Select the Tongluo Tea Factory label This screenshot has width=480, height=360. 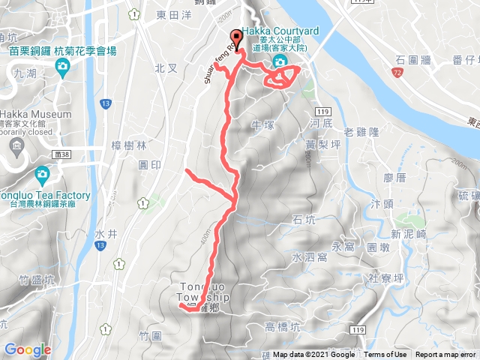click(x=45, y=196)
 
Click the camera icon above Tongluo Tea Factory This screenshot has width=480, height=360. click(x=43, y=175)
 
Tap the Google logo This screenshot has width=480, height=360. click(x=28, y=349)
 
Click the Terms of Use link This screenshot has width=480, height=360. click(x=385, y=355)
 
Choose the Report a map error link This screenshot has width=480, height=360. click(x=446, y=355)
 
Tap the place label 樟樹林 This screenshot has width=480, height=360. click(x=127, y=145)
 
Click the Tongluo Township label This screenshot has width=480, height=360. click(x=203, y=292)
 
